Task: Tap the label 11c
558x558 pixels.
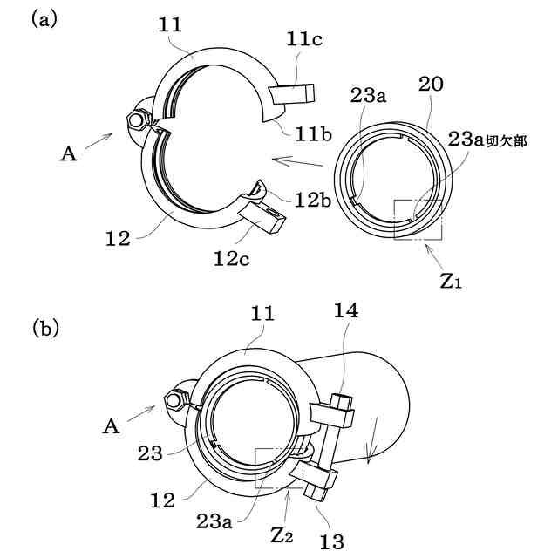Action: point(305,39)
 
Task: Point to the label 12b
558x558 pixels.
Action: point(311,200)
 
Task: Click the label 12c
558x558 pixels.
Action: point(235,257)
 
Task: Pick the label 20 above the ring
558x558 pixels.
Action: point(430,85)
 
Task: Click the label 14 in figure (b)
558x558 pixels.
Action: point(344,311)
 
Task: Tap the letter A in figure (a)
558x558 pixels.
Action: point(69,153)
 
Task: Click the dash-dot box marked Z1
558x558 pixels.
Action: point(418,219)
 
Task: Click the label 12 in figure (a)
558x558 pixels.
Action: point(120,237)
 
